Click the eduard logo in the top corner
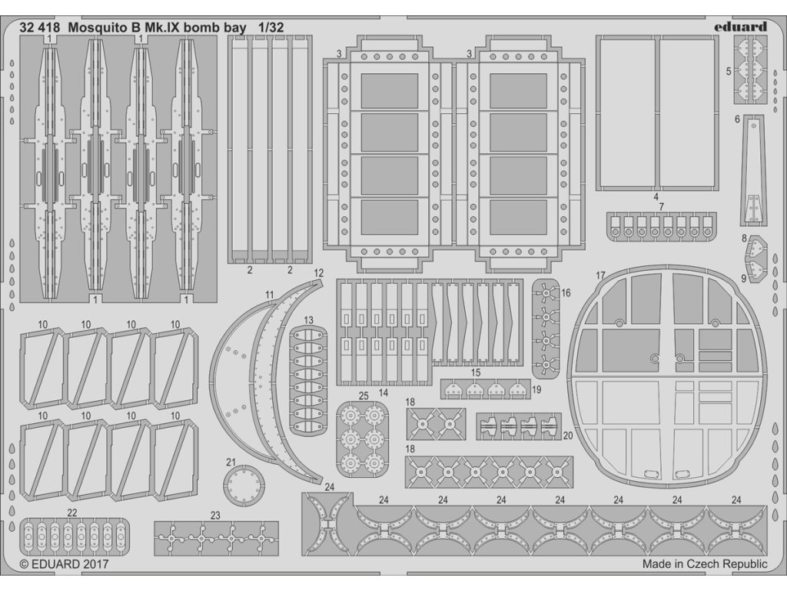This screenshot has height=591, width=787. [738, 26]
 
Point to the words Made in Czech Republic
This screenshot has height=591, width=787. [704, 564]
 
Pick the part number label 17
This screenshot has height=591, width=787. [600, 275]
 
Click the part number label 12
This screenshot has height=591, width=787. [318, 273]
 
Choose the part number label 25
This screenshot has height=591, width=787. [363, 396]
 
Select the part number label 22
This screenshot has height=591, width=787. [72, 513]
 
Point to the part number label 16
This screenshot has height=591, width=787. [566, 293]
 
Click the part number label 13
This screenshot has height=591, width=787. [308, 319]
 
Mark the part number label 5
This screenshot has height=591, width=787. [728, 71]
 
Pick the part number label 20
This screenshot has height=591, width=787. [567, 435]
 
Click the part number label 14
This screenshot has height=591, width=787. [383, 392]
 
